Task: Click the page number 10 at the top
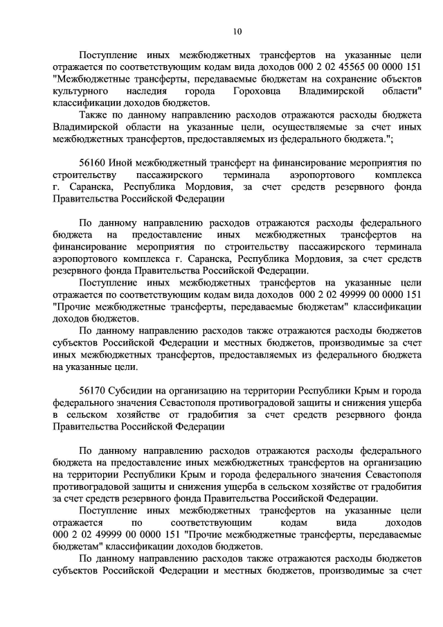click(237, 30)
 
